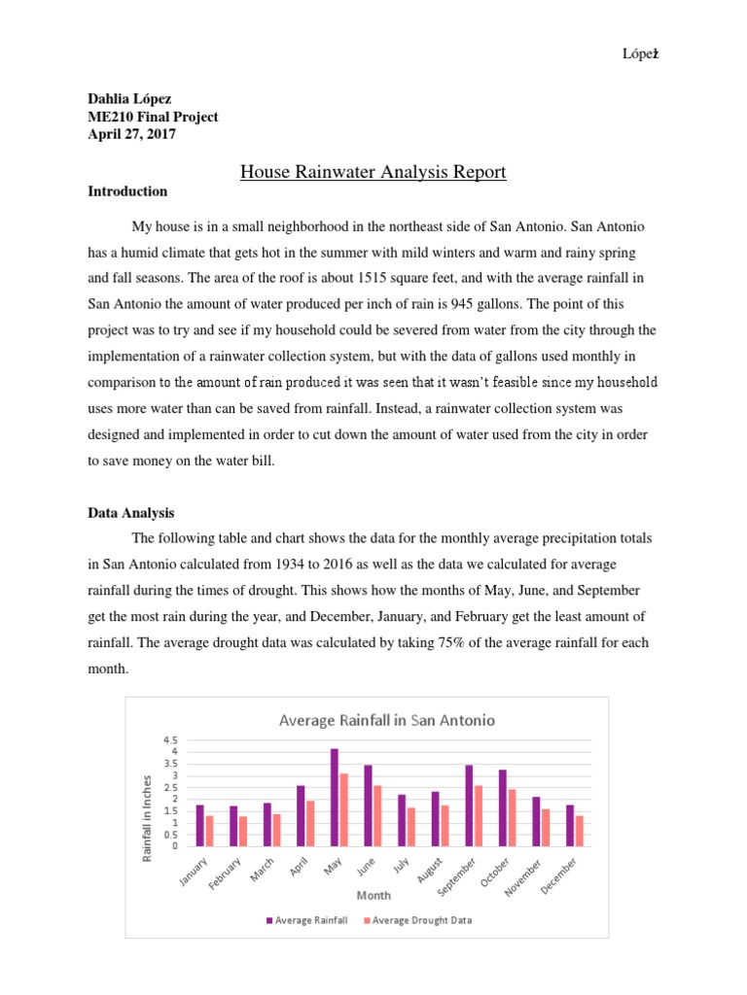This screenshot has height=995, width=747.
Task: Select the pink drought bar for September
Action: click(x=479, y=815)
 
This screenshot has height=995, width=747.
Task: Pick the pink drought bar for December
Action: click(x=580, y=831)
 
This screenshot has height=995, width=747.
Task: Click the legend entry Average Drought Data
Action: click(x=418, y=920)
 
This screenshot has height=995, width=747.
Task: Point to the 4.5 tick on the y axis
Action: click(x=171, y=739)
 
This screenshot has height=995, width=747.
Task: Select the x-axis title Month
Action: click(x=373, y=895)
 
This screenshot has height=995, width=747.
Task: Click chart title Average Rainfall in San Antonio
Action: click(x=386, y=720)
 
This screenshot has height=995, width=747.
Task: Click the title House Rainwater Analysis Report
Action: click(x=373, y=173)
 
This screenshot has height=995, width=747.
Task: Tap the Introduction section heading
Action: click(x=127, y=191)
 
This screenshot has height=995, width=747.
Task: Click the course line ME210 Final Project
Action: click(x=153, y=118)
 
